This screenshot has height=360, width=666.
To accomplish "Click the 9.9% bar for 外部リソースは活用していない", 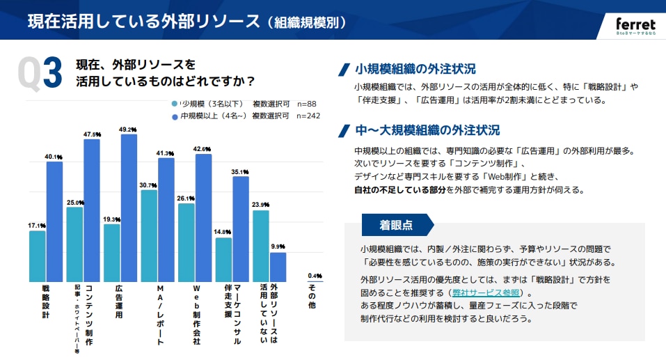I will click(x=278, y=266).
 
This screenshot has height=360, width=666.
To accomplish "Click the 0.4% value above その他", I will click(x=315, y=275).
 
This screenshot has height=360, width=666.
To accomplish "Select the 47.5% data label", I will click(x=92, y=134).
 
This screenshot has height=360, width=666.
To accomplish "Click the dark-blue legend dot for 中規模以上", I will click(x=174, y=116).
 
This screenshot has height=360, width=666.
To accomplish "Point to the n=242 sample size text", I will click(x=308, y=116).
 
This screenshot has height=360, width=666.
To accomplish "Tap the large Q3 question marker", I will click(x=40, y=73).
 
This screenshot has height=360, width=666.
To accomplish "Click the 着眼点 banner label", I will click(x=395, y=225).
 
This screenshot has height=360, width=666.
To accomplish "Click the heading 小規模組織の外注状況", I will click(x=415, y=69).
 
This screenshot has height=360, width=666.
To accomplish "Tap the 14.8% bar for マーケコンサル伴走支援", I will click(x=223, y=259).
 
